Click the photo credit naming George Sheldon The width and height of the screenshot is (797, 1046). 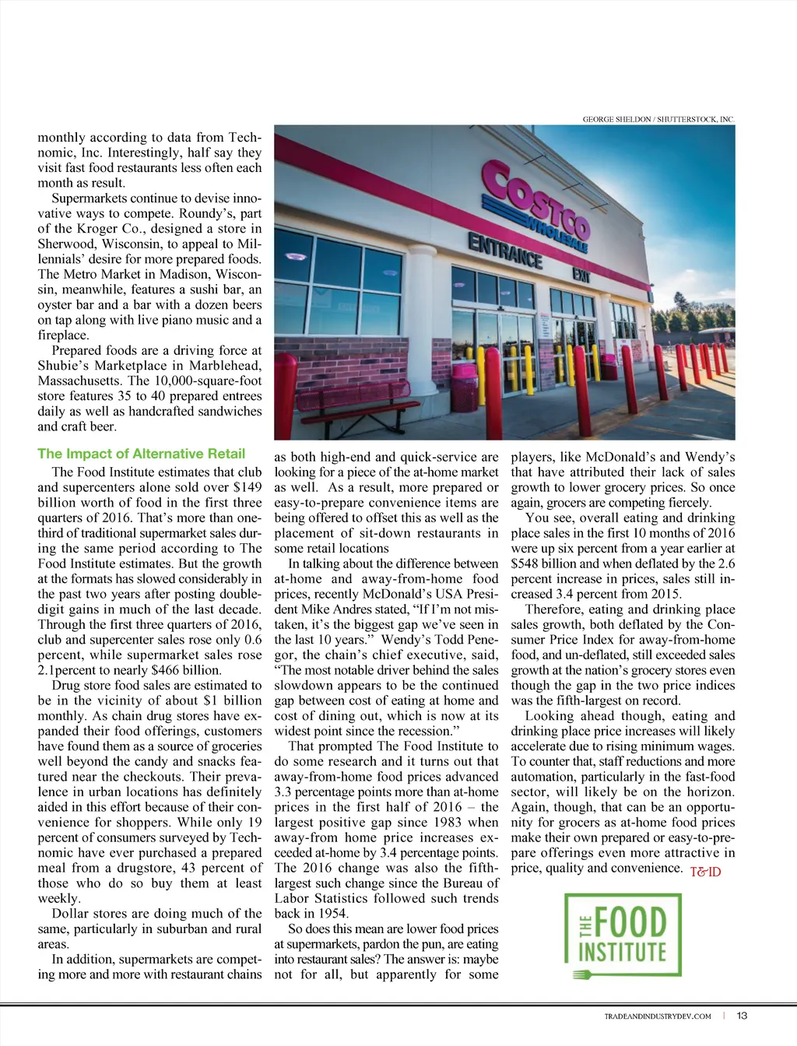(x=658, y=119)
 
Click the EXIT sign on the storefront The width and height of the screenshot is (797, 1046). (x=581, y=273)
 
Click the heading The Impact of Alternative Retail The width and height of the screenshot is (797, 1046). (x=141, y=454)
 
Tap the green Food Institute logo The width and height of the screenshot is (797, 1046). (x=623, y=935)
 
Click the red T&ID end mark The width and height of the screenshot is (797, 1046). (x=705, y=872)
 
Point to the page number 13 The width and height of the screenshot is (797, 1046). (x=742, y=1016)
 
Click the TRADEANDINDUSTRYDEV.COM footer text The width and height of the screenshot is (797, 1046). (x=657, y=1016)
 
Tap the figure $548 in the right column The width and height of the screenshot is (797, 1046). (x=527, y=563)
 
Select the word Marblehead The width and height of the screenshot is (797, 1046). (x=220, y=366)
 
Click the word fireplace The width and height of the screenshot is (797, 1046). (x=63, y=335)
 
